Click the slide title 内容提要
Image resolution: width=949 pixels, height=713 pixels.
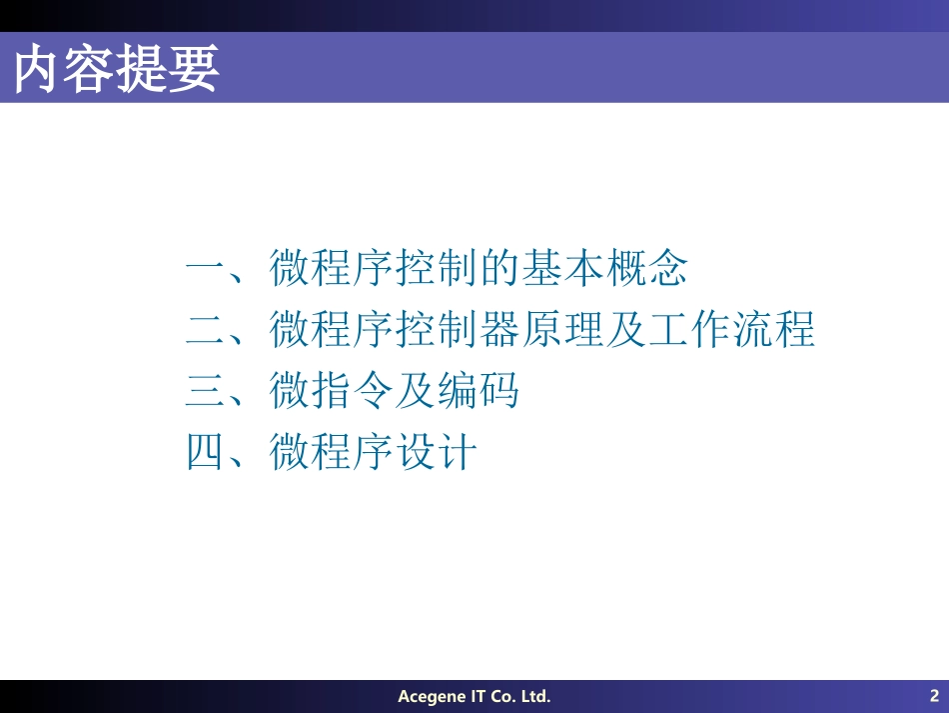pyautogui.click(x=116, y=68)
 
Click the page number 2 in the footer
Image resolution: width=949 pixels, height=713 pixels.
pyautogui.click(x=934, y=696)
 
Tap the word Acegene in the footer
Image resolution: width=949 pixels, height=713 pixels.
pyautogui.click(x=431, y=696)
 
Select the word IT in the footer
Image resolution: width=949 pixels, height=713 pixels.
pyautogui.click(x=478, y=696)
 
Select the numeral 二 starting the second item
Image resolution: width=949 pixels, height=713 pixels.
pyautogui.click(x=207, y=329)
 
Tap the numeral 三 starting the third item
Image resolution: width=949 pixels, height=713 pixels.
pyautogui.click(x=207, y=391)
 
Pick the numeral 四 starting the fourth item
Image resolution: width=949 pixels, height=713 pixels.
pyautogui.click(x=207, y=452)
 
